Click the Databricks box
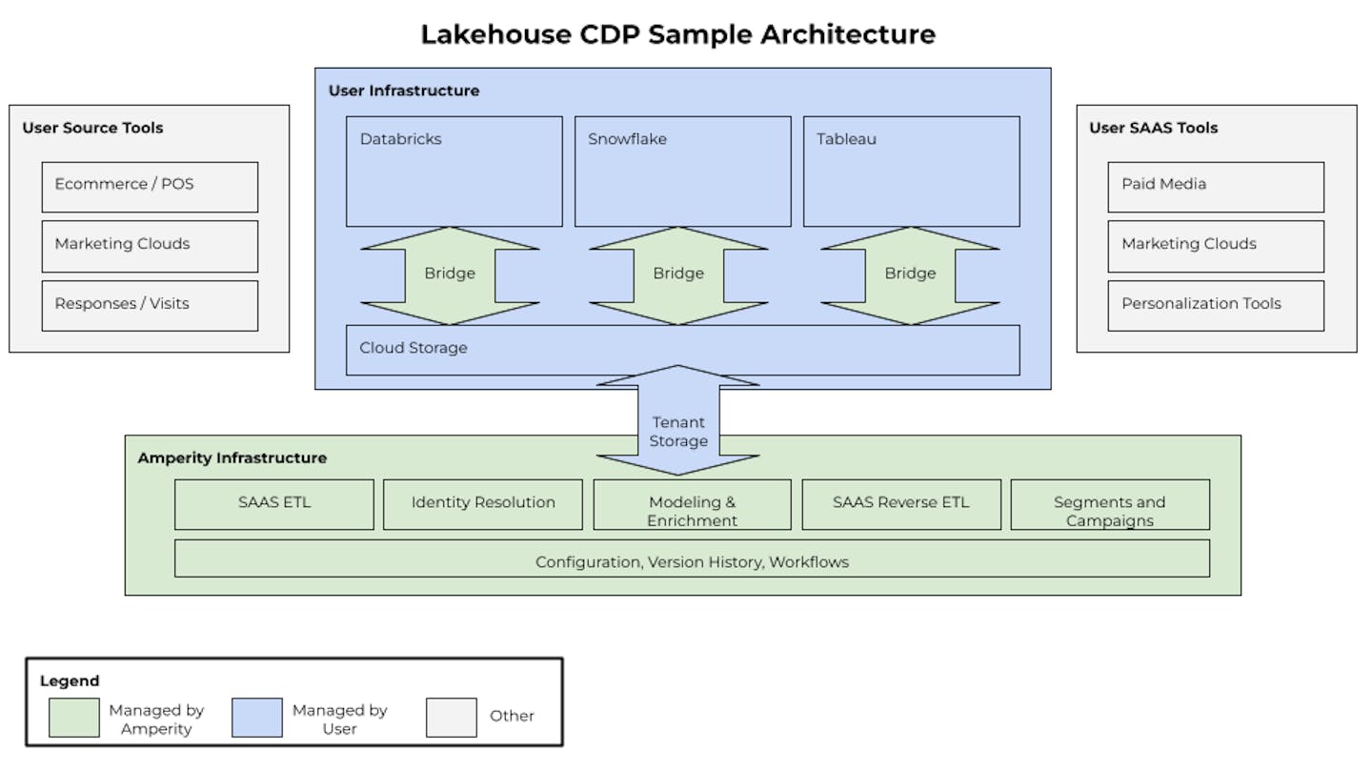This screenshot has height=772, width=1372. point(454,172)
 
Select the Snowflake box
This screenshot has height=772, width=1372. point(682,172)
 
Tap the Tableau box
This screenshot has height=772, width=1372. point(911,172)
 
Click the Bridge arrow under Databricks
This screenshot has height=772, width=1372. point(450,274)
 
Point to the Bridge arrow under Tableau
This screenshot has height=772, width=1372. point(910,274)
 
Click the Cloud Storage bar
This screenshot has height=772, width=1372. point(682,350)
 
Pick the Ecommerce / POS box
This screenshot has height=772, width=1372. point(150,186)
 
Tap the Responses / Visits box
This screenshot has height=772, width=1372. point(150,305)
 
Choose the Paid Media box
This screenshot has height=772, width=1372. point(1216,186)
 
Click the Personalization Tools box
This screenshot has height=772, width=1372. point(1216,305)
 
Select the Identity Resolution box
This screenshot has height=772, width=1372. point(483,504)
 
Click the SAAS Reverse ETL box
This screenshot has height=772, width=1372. point(901,504)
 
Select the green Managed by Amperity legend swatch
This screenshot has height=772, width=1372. point(74,718)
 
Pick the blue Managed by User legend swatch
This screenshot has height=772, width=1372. point(257,718)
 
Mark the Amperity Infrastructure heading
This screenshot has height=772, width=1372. point(232,458)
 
